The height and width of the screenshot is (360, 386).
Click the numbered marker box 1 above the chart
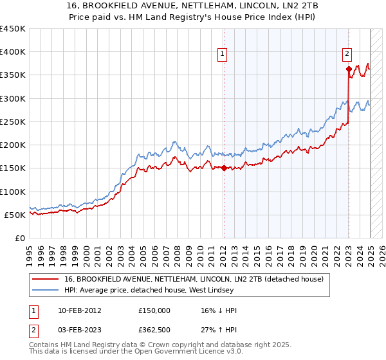click(222, 54)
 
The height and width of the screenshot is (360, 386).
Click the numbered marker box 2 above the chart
click(347, 54)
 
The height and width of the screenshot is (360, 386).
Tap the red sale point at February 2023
click(348, 69)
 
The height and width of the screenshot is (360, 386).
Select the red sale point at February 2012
click(224, 168)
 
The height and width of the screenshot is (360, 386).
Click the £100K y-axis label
click(12, 192)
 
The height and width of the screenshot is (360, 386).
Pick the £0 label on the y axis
click(19, 238)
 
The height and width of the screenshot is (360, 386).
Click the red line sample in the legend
click(46, 278)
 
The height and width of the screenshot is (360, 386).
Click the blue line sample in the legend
click(46, 290)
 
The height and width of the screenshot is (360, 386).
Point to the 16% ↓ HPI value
click(219, 310)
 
